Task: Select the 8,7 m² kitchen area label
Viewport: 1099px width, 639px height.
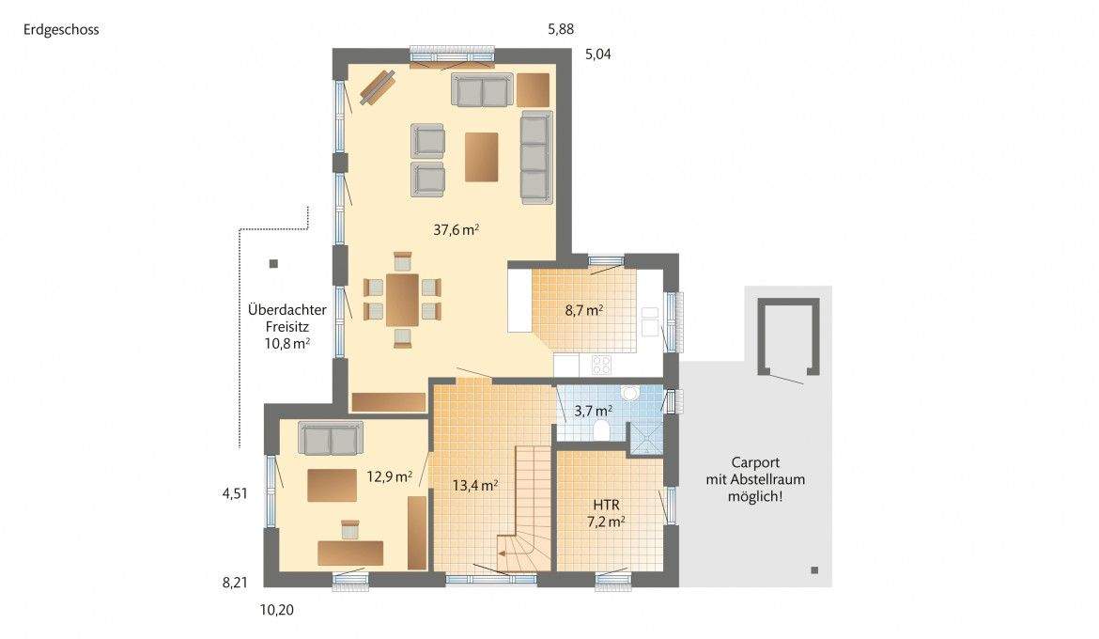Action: point(581,309)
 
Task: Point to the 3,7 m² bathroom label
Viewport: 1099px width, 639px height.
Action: point(593,410)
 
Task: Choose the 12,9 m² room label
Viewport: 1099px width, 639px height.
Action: point(389,476)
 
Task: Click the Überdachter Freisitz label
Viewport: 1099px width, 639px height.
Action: point(278,326)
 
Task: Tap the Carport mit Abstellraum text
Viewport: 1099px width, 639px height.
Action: point(755,478)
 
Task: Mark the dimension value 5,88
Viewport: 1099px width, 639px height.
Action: point(561,29)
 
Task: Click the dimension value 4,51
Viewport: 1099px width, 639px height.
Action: point(234,492)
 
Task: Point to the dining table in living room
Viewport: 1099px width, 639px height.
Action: point(403,298)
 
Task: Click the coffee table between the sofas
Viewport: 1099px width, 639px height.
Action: point(482,156)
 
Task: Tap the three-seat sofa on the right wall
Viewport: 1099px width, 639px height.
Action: point(535,156)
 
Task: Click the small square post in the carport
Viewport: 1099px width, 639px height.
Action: point(813,570)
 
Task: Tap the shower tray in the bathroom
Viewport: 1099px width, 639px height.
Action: point(645,438)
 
